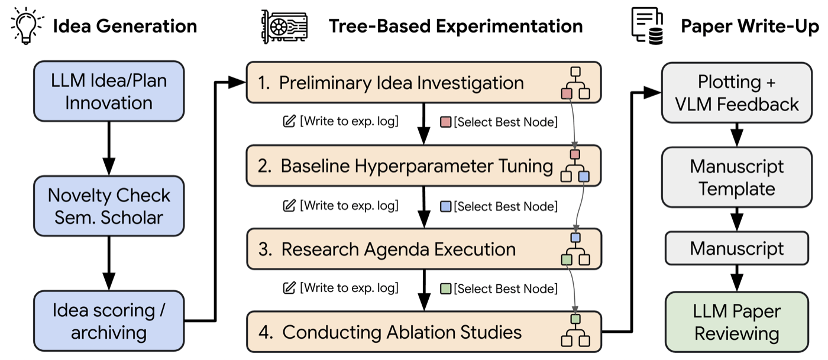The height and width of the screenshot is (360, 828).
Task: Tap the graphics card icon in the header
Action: (x=284, y=27)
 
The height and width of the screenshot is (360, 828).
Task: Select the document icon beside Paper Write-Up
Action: (x=647, y=26)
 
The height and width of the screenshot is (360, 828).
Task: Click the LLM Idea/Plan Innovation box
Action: (x=109, y=91)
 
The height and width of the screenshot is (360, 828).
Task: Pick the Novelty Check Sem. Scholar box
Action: (x=109, y=206)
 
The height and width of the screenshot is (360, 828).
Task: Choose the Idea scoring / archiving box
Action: (x=109, y=321)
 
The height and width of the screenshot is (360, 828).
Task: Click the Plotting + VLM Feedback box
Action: (x=737, y=93)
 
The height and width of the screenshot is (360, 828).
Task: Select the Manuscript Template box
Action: (x=737, y=177)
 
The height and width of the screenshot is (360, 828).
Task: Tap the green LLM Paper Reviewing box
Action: (x=737, y=322)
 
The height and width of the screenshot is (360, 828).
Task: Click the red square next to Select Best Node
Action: (x=446, y=122)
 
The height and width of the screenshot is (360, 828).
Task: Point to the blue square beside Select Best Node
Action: (x=446, y=206)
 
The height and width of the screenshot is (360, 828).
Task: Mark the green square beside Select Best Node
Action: (x=446, y=288)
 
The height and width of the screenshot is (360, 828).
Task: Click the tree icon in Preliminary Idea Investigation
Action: (x=575, y=83)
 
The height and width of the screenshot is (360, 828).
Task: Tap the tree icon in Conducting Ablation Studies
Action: (x=575, y=330)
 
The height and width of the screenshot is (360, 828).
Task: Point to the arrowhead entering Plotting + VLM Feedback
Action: (x=652, y=93)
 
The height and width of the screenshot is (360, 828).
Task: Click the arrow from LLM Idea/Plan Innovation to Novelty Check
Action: (x=109, y=148)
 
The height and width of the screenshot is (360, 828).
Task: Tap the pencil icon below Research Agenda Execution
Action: (x=289, y=288)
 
